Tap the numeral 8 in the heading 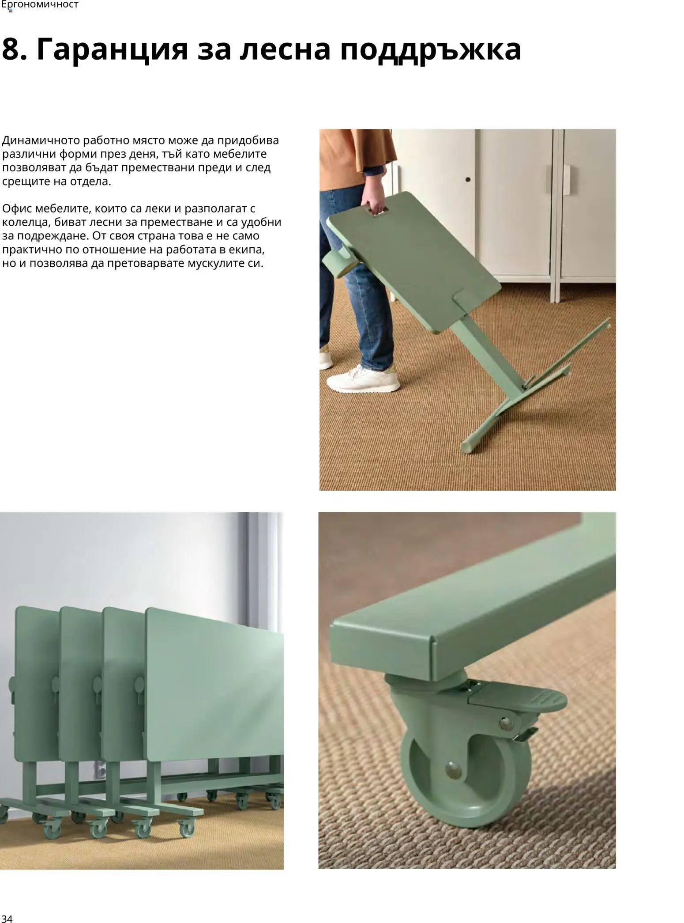12,49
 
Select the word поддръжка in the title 430,50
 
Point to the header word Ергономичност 40,5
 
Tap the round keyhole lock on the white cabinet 468,180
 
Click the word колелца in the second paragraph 25,223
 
